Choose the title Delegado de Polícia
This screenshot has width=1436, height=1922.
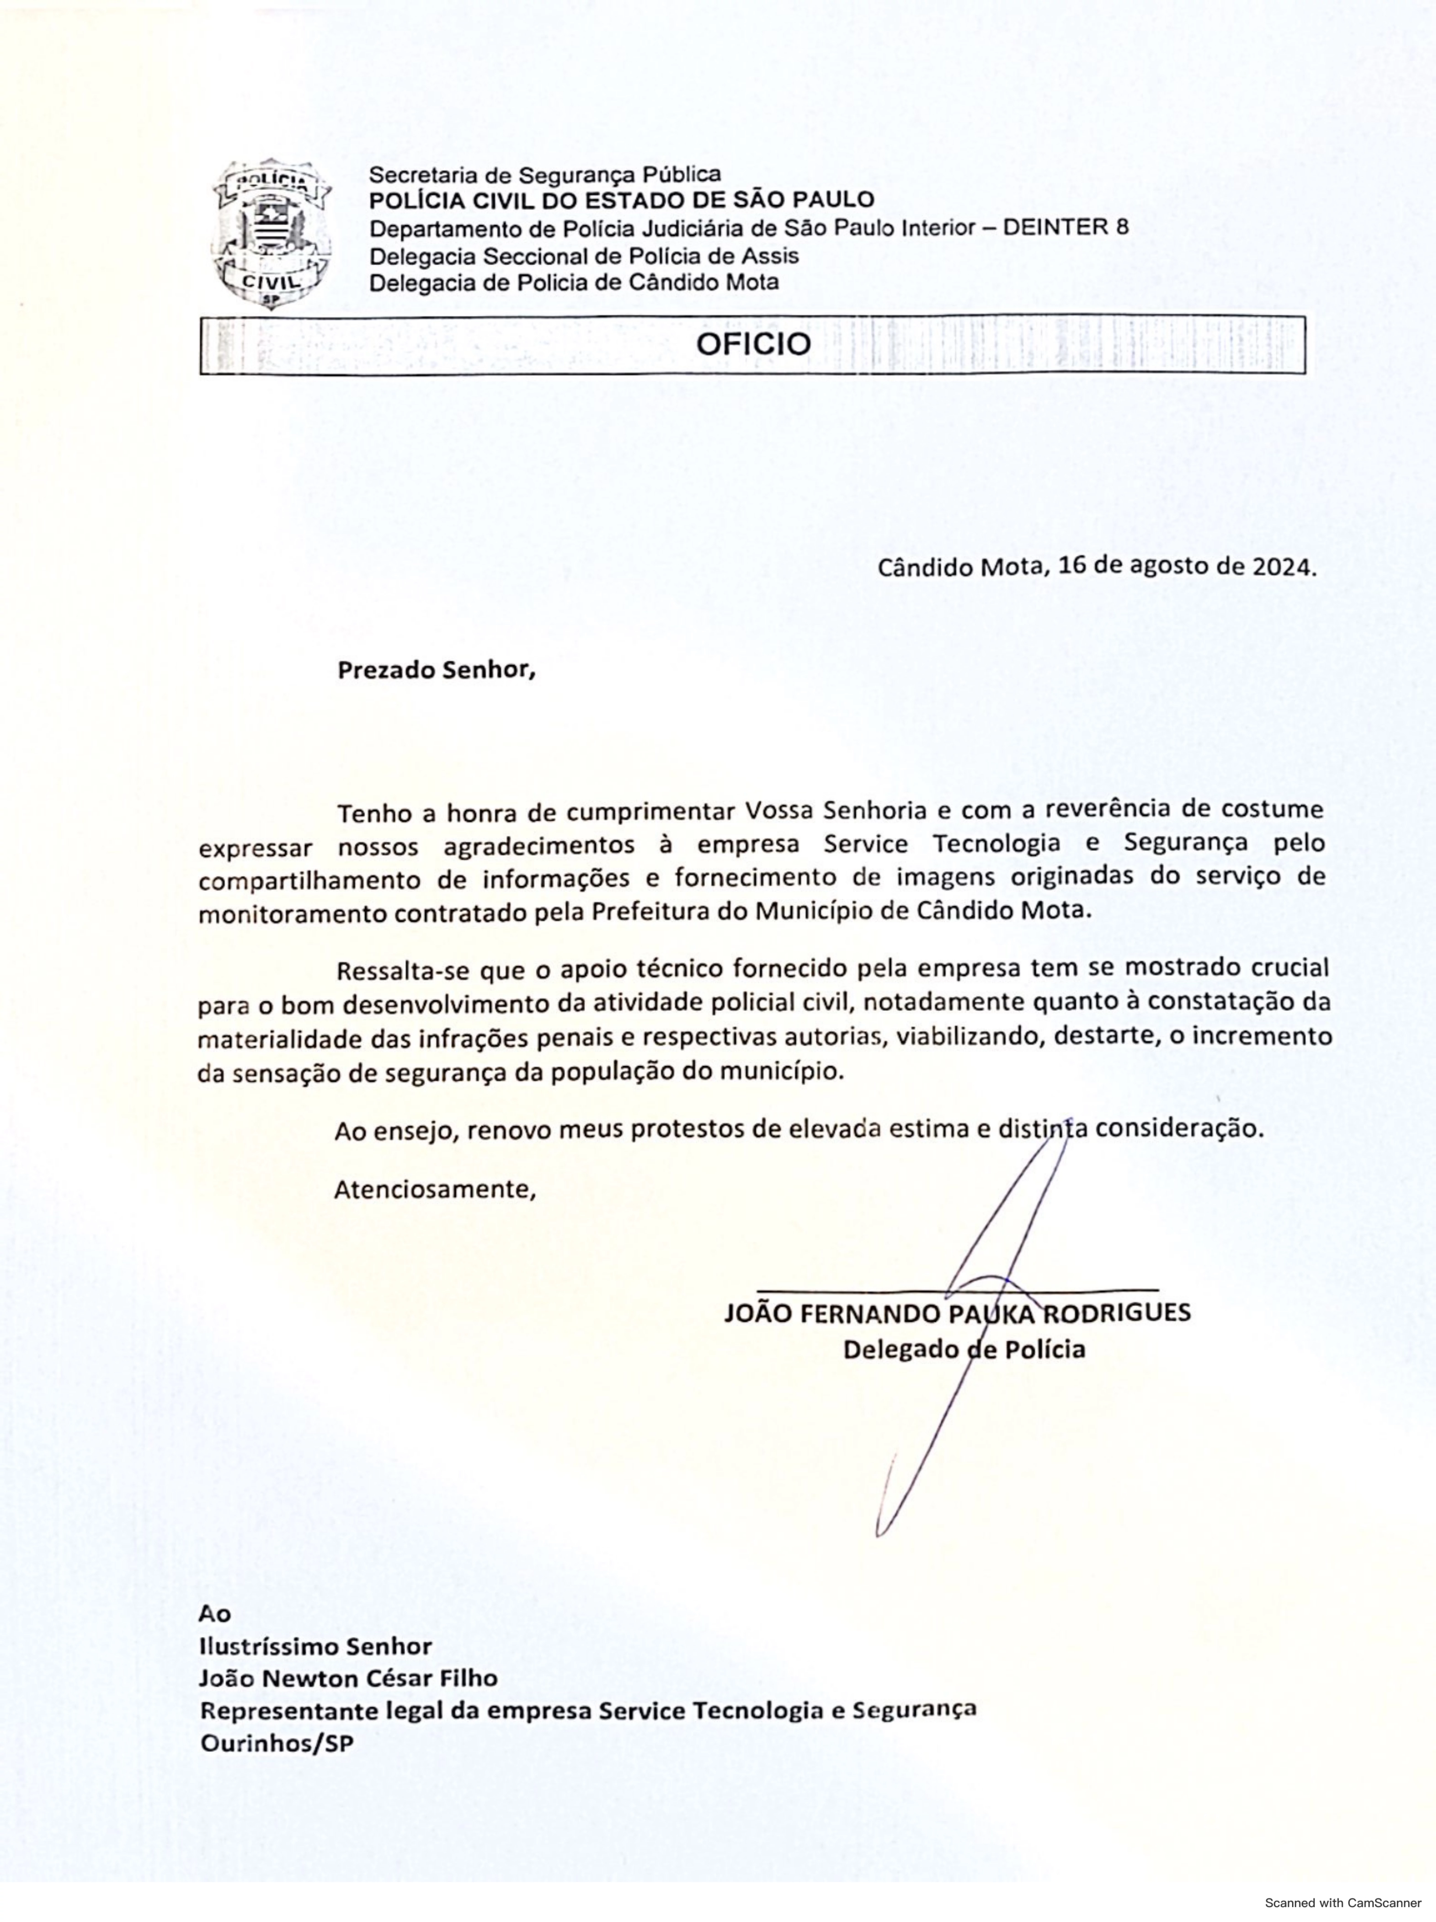tap(964, 1349)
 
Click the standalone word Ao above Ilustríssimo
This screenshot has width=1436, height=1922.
tap(215, 1614)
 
